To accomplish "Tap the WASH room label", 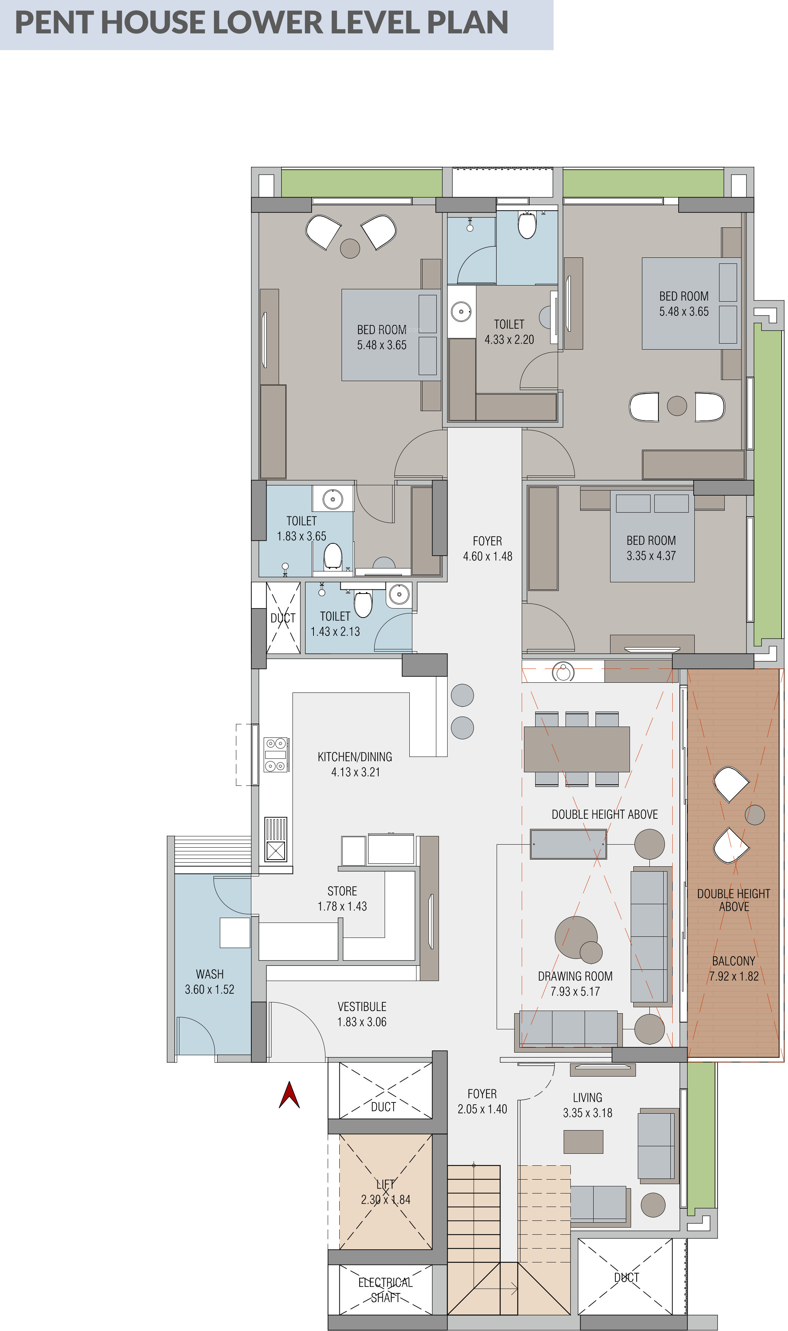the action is (x=210, y=975).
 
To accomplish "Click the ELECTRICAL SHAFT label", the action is (x=385, y=1290).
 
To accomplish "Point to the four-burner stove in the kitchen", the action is (x=276, y=754).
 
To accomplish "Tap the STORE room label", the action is (x=342, y=891).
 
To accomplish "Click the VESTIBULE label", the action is (x=362, y=1006).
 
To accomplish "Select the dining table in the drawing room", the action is (x=577, y=749).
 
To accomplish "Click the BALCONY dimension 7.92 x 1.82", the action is (x=734, y=976).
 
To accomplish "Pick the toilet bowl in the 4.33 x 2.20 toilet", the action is (x=527, y=225).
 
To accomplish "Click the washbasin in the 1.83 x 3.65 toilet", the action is (x=333, y=499).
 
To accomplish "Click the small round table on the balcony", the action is (x=755, y=815).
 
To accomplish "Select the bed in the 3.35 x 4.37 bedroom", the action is (x=652, y=536).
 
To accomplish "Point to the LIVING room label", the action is (x=588, y=1097).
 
